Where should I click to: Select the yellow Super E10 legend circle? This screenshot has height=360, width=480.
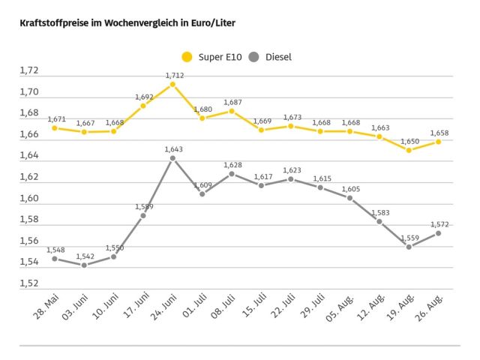[187, 57]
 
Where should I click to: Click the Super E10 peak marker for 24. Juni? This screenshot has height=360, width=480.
[172, 85]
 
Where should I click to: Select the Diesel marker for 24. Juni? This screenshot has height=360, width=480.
[172, 158]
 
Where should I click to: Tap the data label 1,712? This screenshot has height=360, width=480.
[174, 75]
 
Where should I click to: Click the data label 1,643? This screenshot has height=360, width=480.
[174, 148]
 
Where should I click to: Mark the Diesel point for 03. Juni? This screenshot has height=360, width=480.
[84, 265]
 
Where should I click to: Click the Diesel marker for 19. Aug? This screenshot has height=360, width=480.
[409, 247]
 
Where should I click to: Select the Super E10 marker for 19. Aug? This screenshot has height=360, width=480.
[409, 150]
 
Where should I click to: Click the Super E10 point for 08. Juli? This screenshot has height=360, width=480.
[232, 111]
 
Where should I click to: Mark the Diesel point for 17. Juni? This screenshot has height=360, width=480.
[143, 215]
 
